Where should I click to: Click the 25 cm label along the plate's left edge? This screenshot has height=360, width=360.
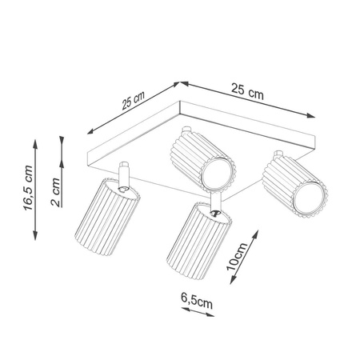129,104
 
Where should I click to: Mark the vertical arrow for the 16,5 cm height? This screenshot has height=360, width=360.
35,189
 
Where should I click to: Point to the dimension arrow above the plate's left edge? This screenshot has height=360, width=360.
130,110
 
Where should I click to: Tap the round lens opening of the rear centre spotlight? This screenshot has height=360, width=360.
216,172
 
